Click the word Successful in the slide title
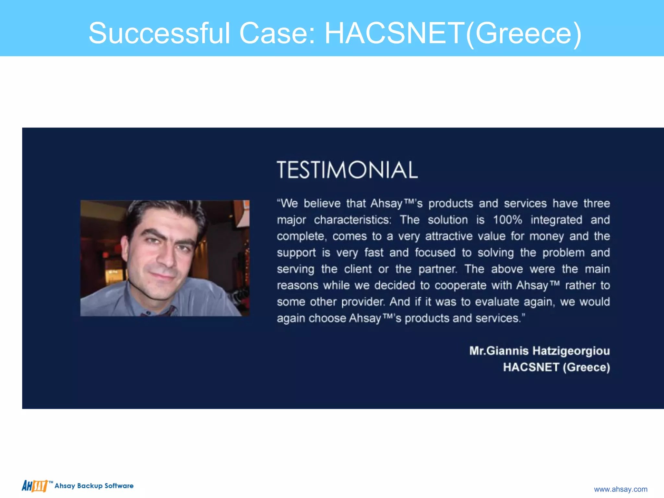159,33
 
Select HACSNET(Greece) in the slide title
453,33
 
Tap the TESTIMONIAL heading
347,170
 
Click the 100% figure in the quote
507,220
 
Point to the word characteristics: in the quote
352,220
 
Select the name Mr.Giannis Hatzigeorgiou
539,351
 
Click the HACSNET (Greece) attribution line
556,367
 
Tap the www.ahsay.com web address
621,489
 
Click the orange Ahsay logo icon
35,486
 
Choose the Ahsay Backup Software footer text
94,486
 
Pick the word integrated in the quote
556,220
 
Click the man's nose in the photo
166,259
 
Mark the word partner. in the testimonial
438,269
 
